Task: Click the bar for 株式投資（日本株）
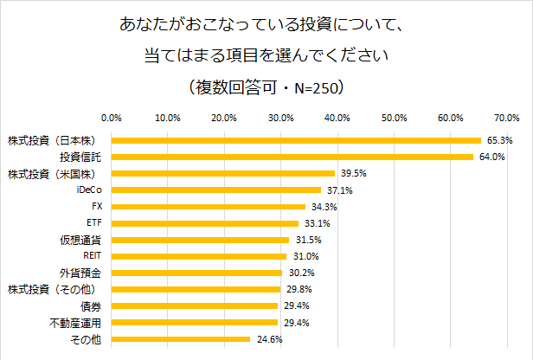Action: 295,140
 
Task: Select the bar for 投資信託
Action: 292,157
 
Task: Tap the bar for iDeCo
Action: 215,190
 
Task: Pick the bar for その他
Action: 180,339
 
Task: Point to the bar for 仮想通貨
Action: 200,240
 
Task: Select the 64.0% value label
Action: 492,157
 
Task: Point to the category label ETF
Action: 94,223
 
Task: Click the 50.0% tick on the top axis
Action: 394,118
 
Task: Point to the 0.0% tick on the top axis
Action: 111,118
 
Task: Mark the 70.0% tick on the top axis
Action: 506,118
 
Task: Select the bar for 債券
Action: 194,306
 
